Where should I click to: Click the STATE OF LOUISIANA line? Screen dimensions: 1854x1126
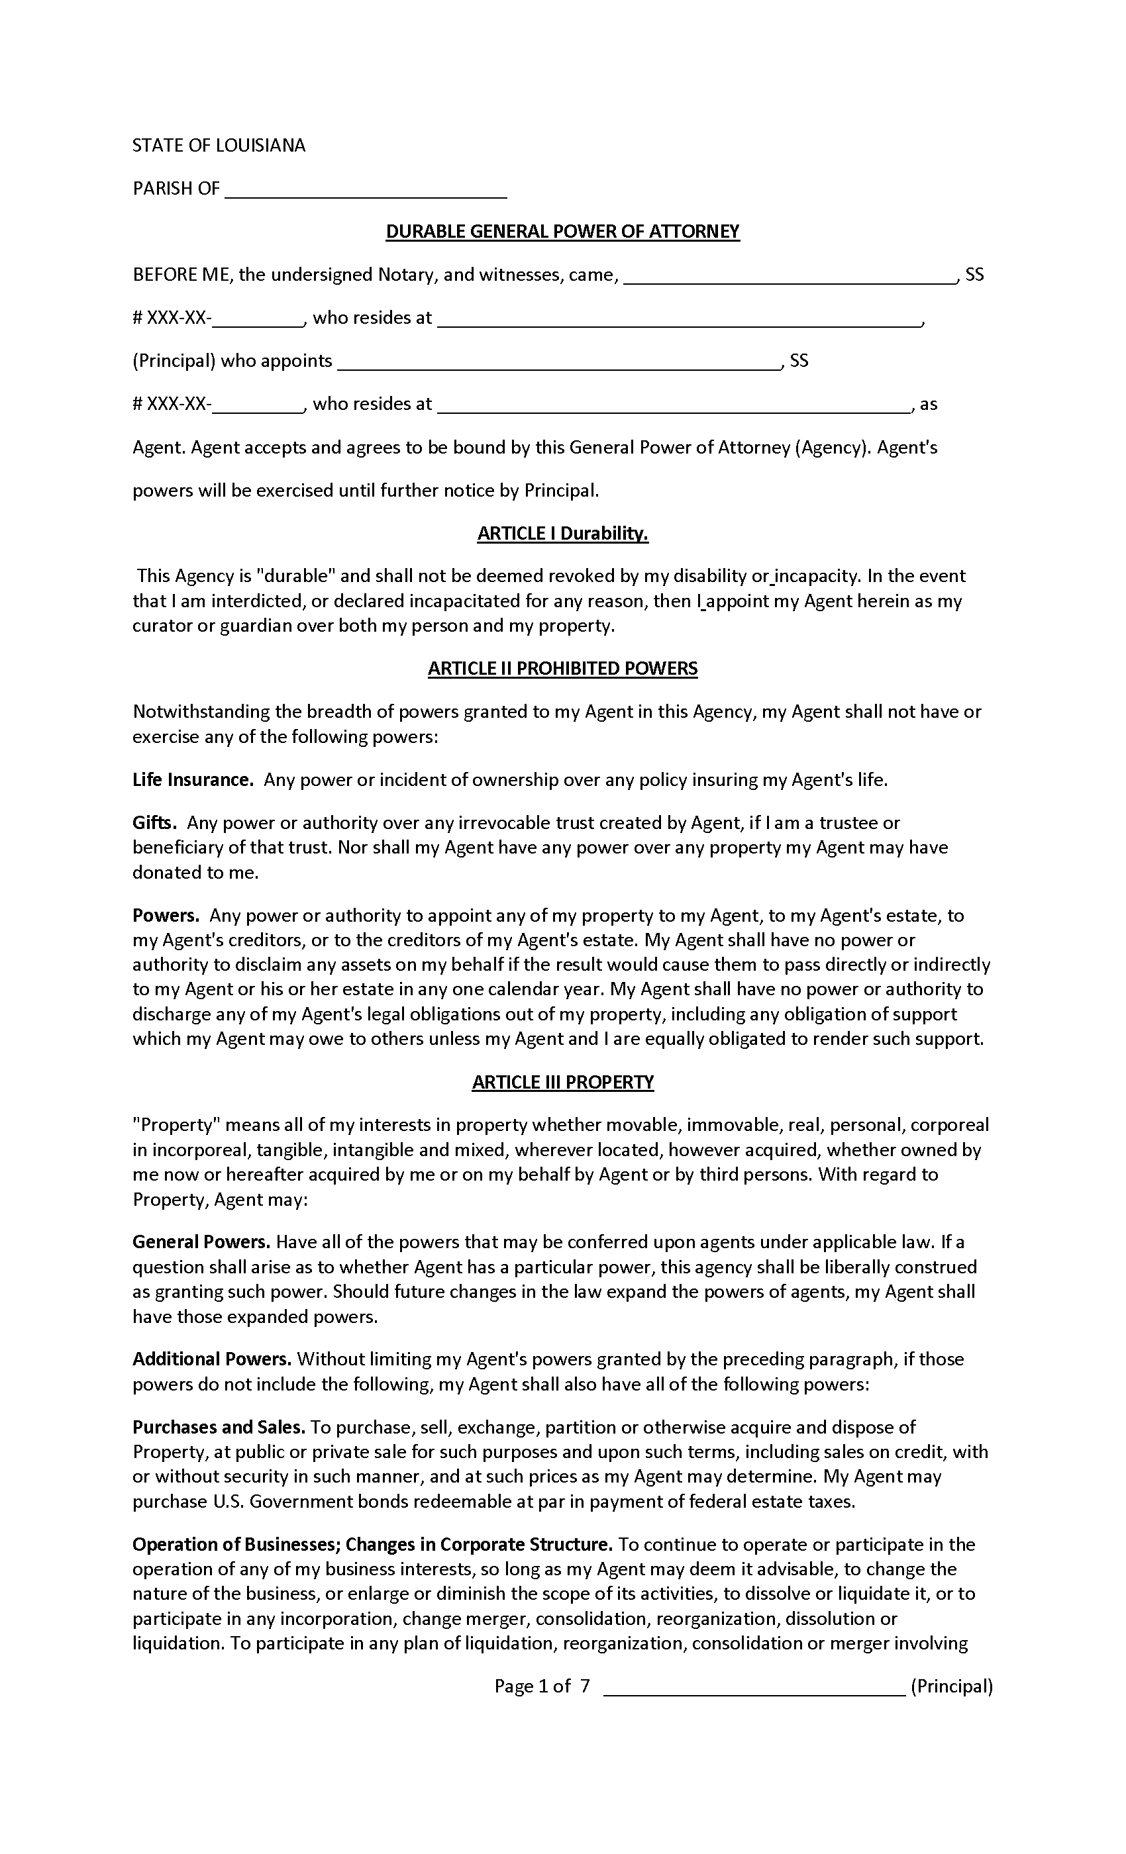[x=219, y=146]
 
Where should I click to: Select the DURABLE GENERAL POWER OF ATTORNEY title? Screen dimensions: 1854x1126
[x=562, y=232]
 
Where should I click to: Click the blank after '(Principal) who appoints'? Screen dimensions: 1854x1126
[x=558, y=362]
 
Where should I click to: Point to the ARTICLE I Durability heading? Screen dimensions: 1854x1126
[x=562, y=534]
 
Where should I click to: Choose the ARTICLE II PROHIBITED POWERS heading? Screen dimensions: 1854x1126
[x=562, y=669]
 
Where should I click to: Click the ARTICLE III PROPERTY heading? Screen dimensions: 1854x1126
[x=562, y=1082]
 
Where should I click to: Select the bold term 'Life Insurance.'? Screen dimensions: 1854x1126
[x=193, y=779]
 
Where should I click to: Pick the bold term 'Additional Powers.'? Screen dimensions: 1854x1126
[x=211, y=1359]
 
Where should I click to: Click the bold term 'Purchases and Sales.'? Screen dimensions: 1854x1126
[x=219, y=1428]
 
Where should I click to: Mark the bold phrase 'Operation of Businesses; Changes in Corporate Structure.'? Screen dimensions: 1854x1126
[x=372, y=1545]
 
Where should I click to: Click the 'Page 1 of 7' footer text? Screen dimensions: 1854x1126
[x=542, y=1686]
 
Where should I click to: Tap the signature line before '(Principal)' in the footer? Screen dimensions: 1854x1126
[x=754, y=1688]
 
